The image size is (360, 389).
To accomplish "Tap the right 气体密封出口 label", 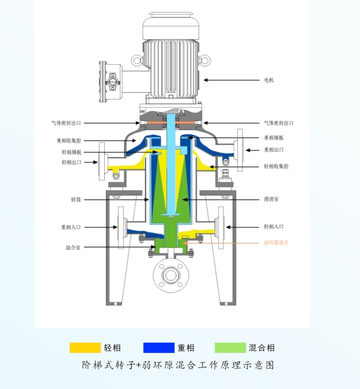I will tap(279, 123).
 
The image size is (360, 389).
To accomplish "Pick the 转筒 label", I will tap(75, 198).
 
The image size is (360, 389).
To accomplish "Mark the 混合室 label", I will tap(74, 247).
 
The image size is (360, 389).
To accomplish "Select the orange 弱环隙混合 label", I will tap(276, 242).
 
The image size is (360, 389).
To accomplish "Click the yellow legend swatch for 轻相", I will tap(85, 348).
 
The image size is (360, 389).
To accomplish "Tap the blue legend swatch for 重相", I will tap(158, 348).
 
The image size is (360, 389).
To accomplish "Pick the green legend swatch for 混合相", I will tap(230, 348).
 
